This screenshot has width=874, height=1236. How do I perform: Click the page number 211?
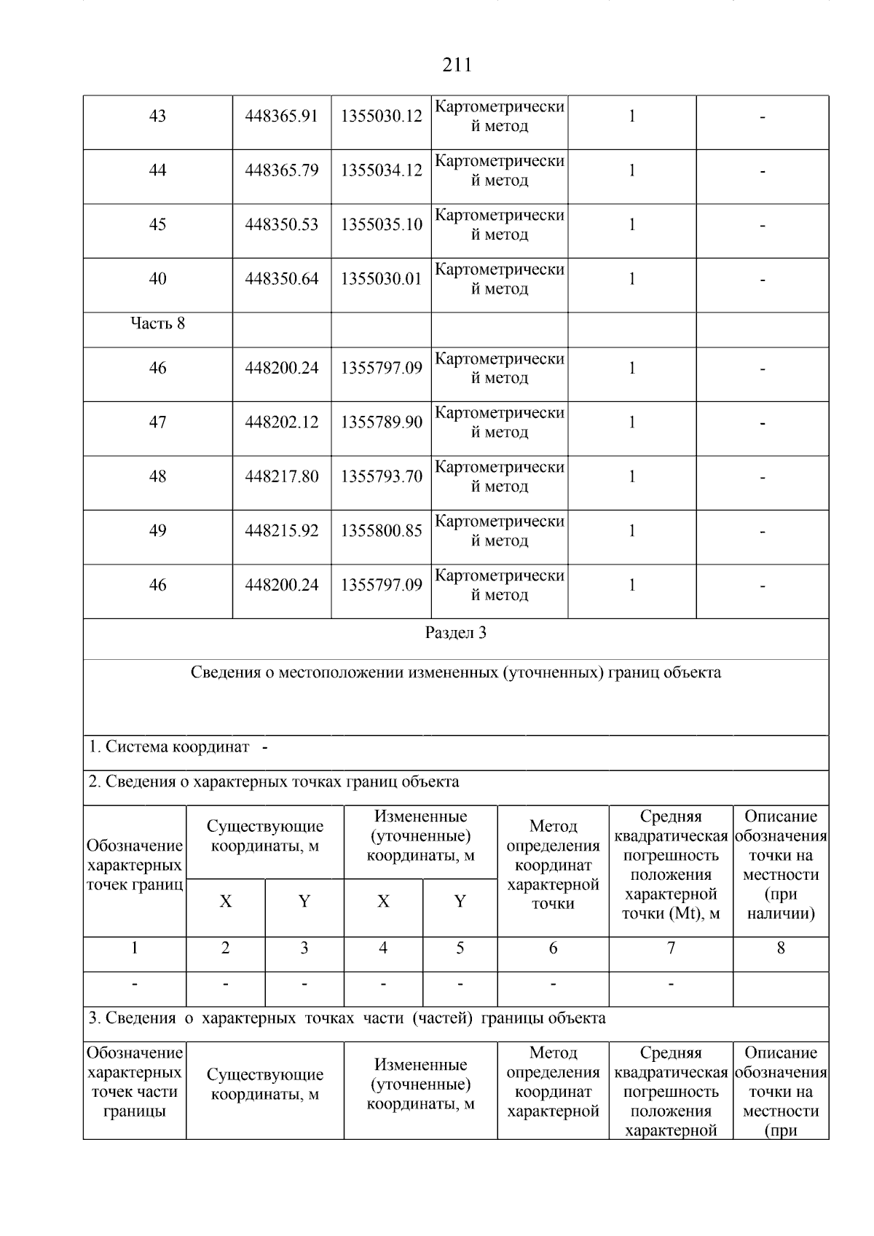tap(457, 66)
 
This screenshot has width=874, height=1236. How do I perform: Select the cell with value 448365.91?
tap(282, 117)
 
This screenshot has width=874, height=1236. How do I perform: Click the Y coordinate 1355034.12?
tap(382, 171)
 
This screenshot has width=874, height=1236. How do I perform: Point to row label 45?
tap(157, 225)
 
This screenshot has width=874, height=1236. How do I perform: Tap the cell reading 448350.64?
tap(282, 280)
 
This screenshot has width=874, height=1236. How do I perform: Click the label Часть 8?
tap(157, 323)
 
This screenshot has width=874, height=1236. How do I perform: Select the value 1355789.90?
tap(382, 423)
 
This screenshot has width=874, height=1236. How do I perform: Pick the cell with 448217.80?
tap(282, 477)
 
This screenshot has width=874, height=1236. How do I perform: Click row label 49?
tap(157, 531)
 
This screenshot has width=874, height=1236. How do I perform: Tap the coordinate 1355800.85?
tap(382, 531)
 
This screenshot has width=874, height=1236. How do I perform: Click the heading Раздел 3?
tap(456, 633)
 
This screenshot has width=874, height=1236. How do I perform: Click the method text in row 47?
tap(500, 423)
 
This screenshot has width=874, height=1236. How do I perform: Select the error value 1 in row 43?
tap(632, 117)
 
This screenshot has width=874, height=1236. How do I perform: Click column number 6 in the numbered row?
tap(553, 948)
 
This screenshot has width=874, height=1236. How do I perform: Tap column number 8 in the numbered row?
tap(781, 948)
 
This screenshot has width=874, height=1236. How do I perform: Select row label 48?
tap(157, 477)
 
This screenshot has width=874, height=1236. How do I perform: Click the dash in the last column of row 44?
tap(763, 172)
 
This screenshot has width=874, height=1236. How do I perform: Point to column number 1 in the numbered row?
tap(135, 948)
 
